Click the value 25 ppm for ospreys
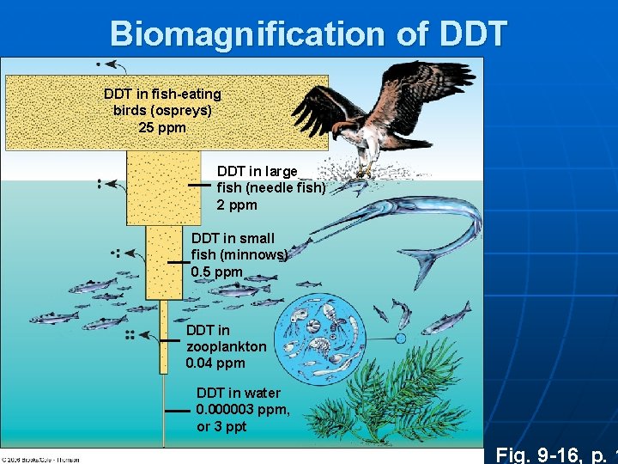(x=162, y=128)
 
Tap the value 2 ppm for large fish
(x=237, y=205)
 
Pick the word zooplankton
(x=227, y=346)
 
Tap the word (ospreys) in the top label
(x=162, y=111)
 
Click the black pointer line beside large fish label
(x=199, y=185)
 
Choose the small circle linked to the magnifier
(x=400, y=339)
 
